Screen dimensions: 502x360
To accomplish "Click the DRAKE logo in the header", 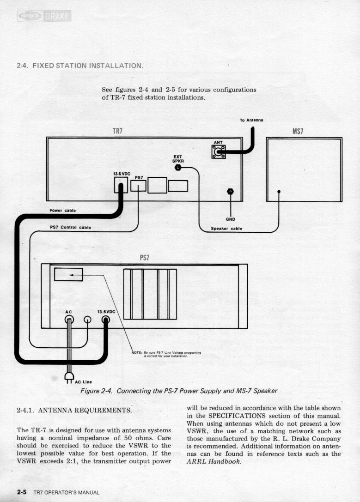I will tap(44, 17).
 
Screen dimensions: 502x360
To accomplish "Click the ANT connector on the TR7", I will tap(218, 151).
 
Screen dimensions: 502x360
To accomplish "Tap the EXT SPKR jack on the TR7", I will tap(178, 168).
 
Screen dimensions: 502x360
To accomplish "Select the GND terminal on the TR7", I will tap(230, 192).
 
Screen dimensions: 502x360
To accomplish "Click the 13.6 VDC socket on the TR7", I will tap(120, 186).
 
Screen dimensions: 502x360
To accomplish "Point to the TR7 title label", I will tap(118, 131).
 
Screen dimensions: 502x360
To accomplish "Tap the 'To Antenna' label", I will tap(251, 120).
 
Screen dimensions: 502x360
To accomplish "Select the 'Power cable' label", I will tap(63, 211).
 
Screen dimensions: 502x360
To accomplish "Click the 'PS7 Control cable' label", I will tap(70, 227).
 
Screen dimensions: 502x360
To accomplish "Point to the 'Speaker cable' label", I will tap(226, 228).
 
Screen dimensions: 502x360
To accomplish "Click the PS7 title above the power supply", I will tap(145, 257).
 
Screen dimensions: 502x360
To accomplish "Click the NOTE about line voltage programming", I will tap(165, 354).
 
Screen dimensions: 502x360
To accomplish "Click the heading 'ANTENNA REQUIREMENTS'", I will tap(74, 410).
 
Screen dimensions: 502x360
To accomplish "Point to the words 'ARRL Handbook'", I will tap(213, 463).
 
